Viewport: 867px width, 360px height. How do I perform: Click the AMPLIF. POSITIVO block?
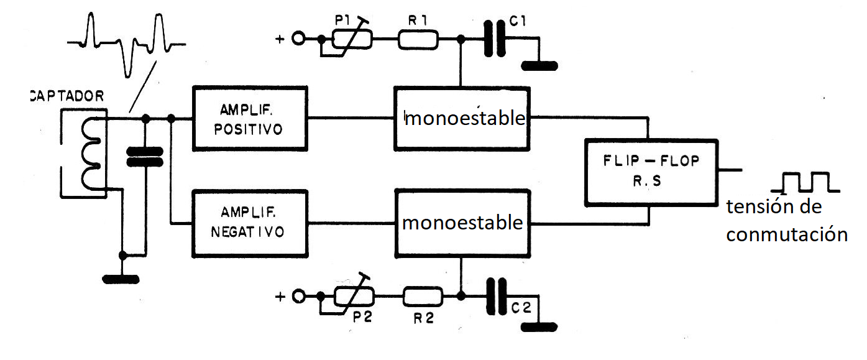tap(250, 118)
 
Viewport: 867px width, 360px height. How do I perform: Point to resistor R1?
tap(418, 41)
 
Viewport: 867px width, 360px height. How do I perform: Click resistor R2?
tap(423, 296)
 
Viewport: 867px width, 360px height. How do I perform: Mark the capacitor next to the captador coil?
tap(145, 157)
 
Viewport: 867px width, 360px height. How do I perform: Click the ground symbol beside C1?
tap(540, 65)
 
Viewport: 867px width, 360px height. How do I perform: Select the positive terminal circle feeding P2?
tap(299, 296)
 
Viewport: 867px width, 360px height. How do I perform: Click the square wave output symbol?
tap(805, 182)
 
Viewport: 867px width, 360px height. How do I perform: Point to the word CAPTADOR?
tap(67, 97)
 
